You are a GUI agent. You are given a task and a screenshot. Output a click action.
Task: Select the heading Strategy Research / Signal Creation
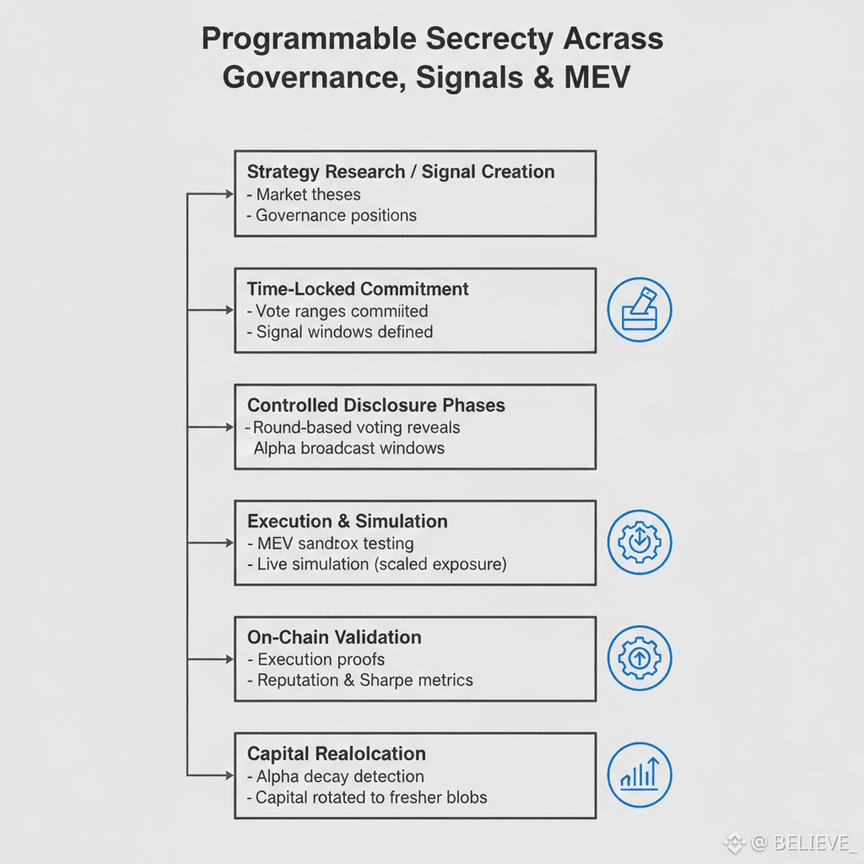point(401,172)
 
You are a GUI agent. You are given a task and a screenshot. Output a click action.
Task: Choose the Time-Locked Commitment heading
point(358,289)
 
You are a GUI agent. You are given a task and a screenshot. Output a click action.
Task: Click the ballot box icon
point(640,310)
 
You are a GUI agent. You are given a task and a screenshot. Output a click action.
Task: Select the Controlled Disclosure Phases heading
point(376,405)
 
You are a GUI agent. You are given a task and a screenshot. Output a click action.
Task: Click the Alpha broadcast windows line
point(349,448)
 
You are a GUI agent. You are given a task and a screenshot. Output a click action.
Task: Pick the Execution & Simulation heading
point(348,521)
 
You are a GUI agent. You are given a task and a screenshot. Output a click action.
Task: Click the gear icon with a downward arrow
point(640,543)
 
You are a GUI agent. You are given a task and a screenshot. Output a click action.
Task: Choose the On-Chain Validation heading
point(334,637)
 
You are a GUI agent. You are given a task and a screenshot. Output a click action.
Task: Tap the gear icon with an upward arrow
point(640,659)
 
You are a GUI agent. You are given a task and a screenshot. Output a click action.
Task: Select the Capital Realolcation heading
point(337,753)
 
